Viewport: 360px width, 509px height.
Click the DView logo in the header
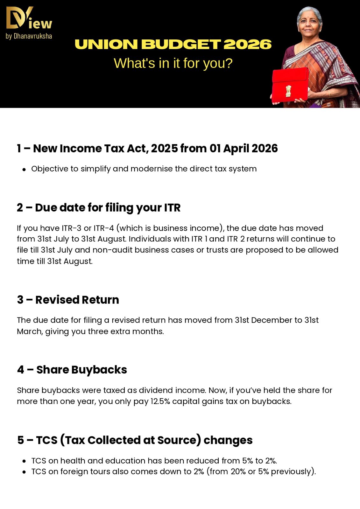pos(29,18)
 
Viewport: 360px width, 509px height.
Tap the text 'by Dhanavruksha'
pos(29,36)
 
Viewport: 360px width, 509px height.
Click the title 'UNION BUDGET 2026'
pos(173,45)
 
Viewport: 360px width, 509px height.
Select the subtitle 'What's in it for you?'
pos(173,63)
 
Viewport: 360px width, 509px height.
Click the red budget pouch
pos(290,85)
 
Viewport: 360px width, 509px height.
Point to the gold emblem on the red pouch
pos(288,91)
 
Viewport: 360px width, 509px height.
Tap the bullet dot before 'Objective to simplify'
pos(24,169)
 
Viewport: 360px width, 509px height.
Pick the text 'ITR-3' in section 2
pos(72,228)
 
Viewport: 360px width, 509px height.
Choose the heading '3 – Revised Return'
pos(68,300)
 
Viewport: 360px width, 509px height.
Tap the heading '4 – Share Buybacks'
pos(72,370)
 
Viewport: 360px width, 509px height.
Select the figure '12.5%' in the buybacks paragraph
pos(160,401)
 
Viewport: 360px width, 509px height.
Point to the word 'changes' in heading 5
pos(228,440)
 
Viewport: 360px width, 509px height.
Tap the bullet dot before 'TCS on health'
pos(24,461)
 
